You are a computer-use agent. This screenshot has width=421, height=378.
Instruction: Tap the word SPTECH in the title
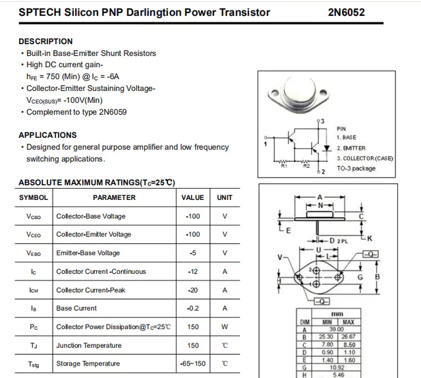[x=37, y=13]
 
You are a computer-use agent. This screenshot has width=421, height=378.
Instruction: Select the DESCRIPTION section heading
[x=45, y=42]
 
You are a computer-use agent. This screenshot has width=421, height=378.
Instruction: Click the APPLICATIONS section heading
[x=47, y=135]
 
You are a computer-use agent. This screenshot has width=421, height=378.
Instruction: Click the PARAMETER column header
[x=114, y=197]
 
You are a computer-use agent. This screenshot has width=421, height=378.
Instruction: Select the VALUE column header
[x=192, y=197]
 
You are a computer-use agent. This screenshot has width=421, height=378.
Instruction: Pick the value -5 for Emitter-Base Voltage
[x=192, y=253]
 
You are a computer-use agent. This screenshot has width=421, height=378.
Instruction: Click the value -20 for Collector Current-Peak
[x=192, y=290]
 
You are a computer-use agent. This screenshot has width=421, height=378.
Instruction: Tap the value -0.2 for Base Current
[x=192, y=308]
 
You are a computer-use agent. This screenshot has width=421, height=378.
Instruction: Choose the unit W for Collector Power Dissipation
[x=225, y=327]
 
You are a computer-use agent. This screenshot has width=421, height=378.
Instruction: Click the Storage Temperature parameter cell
[x=88, y=363]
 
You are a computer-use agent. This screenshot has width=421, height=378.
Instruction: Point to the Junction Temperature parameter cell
[x=89, y=345]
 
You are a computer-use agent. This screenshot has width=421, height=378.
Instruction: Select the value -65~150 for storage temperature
[x=192, y=363]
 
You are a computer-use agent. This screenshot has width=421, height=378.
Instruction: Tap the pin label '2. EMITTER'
[x=351, y=148]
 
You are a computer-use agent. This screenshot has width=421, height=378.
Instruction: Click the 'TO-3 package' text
[x=356, y=168]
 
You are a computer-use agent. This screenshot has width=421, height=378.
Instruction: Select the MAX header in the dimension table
[x=349, y=322]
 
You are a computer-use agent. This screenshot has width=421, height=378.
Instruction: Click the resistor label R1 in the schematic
[x=284, y=166]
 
